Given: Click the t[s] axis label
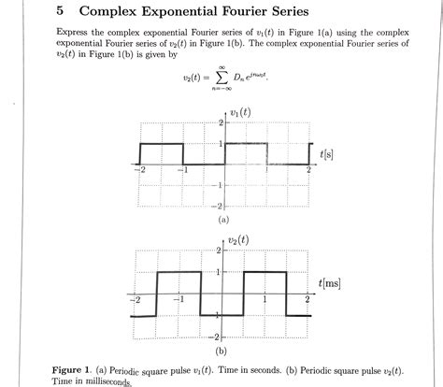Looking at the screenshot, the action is coord(327,153).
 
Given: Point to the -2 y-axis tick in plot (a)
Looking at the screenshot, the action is coord(217,204).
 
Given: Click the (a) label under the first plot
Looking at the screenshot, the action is coord(222,220).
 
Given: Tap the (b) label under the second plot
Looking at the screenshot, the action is coord(222,351).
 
